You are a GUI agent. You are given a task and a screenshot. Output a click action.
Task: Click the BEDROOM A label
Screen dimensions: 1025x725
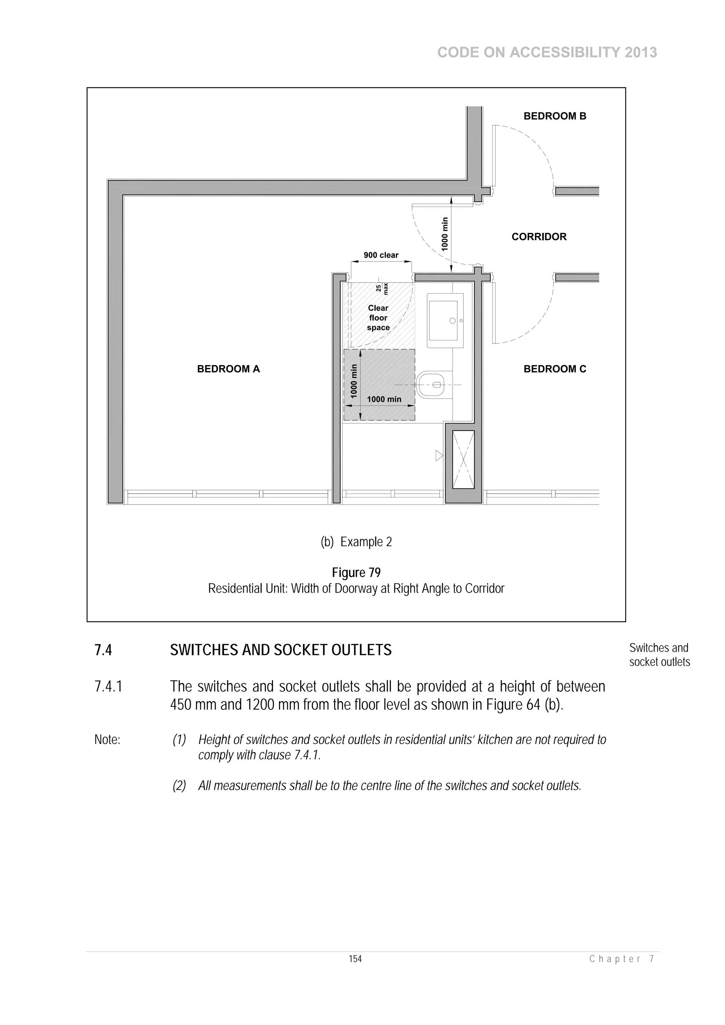coord(228,369)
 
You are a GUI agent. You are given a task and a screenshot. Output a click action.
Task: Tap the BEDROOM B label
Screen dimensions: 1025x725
coord(554,116)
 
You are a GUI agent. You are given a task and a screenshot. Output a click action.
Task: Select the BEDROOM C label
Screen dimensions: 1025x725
coord(554,369)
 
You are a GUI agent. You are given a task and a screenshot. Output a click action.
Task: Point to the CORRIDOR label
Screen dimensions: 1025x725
coord(539,237)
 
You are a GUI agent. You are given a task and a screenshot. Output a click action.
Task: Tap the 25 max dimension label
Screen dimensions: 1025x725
coord(382,288)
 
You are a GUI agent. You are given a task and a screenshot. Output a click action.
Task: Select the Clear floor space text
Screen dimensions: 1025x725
coord(378,317)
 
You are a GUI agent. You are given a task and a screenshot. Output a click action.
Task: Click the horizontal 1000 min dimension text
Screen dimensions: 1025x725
coord(384,399)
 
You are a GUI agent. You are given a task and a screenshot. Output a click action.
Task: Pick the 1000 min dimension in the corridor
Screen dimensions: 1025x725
coord(445,234)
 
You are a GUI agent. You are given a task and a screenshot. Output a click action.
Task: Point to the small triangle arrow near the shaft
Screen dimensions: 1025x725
coord(439,456)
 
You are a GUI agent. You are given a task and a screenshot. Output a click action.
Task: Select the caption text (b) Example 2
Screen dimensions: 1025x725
coord(356,542)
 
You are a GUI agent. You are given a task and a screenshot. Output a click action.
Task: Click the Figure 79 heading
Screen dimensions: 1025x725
coord(356,572)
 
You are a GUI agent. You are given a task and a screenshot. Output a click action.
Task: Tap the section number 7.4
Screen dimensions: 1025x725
coord(103,650)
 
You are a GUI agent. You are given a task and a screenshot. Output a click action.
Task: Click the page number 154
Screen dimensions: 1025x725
coord(355,958)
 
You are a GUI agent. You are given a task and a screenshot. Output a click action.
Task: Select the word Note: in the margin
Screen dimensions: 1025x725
coord(107,740)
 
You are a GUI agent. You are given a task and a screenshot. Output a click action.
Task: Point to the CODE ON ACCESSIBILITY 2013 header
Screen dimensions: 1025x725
coord(547,53)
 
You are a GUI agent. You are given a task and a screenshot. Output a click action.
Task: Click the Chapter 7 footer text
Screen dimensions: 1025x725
coord(622,959)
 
